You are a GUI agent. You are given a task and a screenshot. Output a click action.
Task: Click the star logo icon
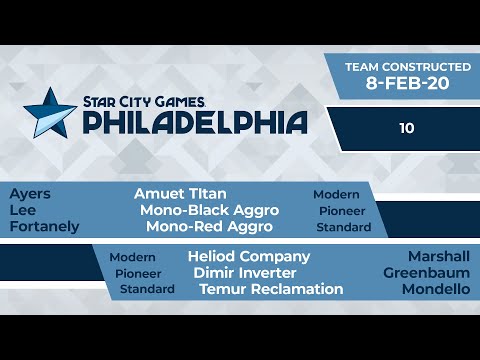[48, 112]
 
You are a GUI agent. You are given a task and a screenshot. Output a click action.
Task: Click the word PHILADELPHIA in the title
[194, 122]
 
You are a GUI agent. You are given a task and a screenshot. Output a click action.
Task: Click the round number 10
[404, 128]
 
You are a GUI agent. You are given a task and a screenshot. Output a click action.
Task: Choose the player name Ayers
[30, 194]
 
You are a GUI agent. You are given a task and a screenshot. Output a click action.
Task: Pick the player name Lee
[23, 210]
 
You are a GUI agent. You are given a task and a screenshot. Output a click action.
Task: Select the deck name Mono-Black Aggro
[209, 210]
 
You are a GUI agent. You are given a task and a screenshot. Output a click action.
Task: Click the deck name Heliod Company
[249, 257]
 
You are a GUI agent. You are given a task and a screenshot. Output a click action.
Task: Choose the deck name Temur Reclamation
[271, 289]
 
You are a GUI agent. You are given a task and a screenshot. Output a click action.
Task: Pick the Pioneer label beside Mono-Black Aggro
[343, 211]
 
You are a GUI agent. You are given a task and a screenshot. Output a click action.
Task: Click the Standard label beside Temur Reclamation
[147, 289]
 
